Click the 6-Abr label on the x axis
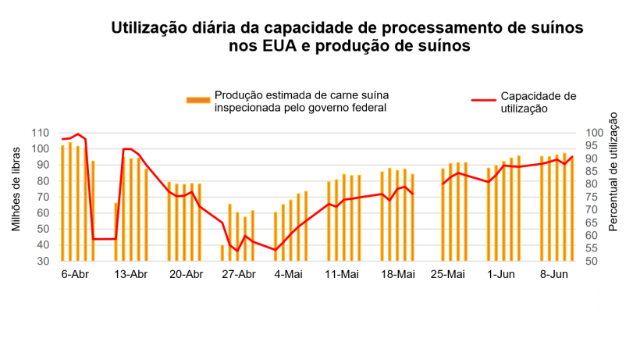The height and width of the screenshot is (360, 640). [x=76, y=274]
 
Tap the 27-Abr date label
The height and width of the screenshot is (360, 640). [x=238, y=274]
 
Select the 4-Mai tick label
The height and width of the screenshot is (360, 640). [x=289, y=274]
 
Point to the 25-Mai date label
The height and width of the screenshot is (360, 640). [x=448, y=274]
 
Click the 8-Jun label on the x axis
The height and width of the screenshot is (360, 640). [x=554, y=274]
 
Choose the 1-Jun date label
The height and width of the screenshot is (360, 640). [x=501, y=274]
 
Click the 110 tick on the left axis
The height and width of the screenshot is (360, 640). [x=41, y=134]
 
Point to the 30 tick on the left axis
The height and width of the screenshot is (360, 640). [x=44, y=261]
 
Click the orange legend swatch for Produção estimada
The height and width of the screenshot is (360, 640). [x=198, y=100]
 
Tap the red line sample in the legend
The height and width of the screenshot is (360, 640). [x=484, y=100]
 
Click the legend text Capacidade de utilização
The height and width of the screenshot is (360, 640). [x=538, y=102]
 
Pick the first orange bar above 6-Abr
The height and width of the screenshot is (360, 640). [x=63, y=203]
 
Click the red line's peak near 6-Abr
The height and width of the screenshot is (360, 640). [x=78, y=134]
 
